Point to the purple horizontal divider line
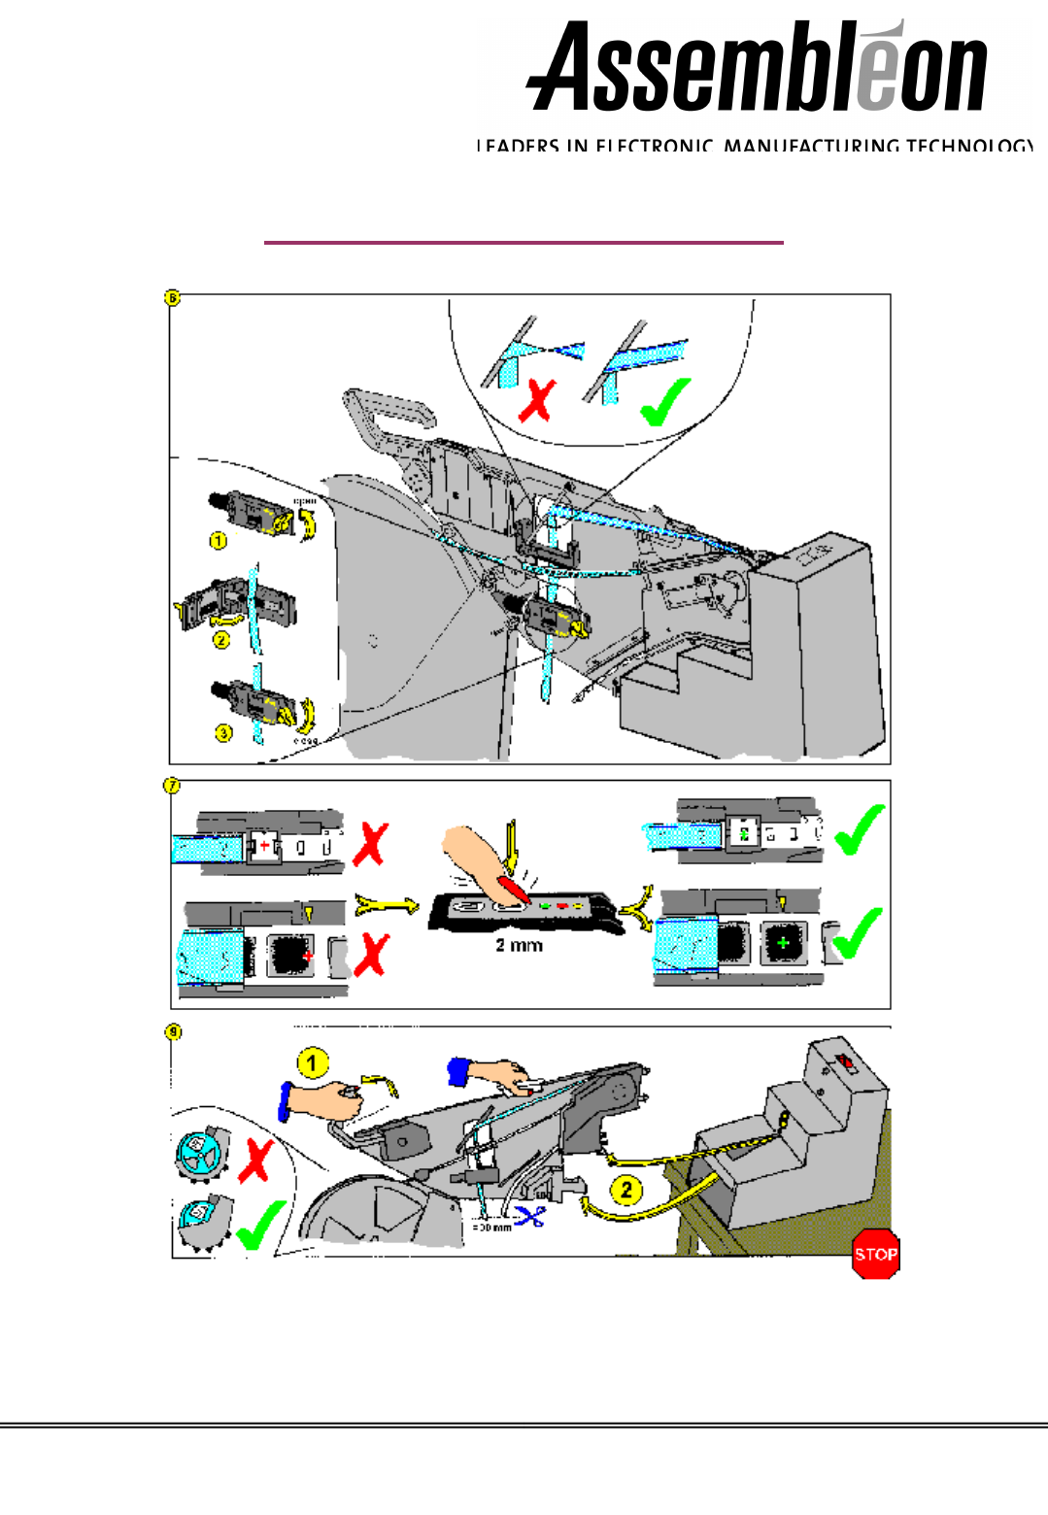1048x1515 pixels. click(524, 243)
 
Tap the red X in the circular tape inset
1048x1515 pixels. click(537, 399)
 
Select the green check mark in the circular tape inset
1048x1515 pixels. click(665, 401)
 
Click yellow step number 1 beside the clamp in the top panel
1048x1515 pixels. click(219, 540)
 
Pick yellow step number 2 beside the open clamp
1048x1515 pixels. click(221, 640)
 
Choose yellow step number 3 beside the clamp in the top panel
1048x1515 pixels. click(224, 732)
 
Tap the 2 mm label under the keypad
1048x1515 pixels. click(519, 945)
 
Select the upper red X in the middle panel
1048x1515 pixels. click(370, 844)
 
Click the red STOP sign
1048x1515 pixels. click(875, 1254)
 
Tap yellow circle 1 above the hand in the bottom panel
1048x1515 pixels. click(312, 1063)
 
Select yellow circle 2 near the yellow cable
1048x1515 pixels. click(626, 1189)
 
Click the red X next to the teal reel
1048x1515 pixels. click(255, 1160)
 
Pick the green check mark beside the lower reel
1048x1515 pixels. click(258, 1226)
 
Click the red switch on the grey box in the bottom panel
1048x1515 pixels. click(846, 1062)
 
